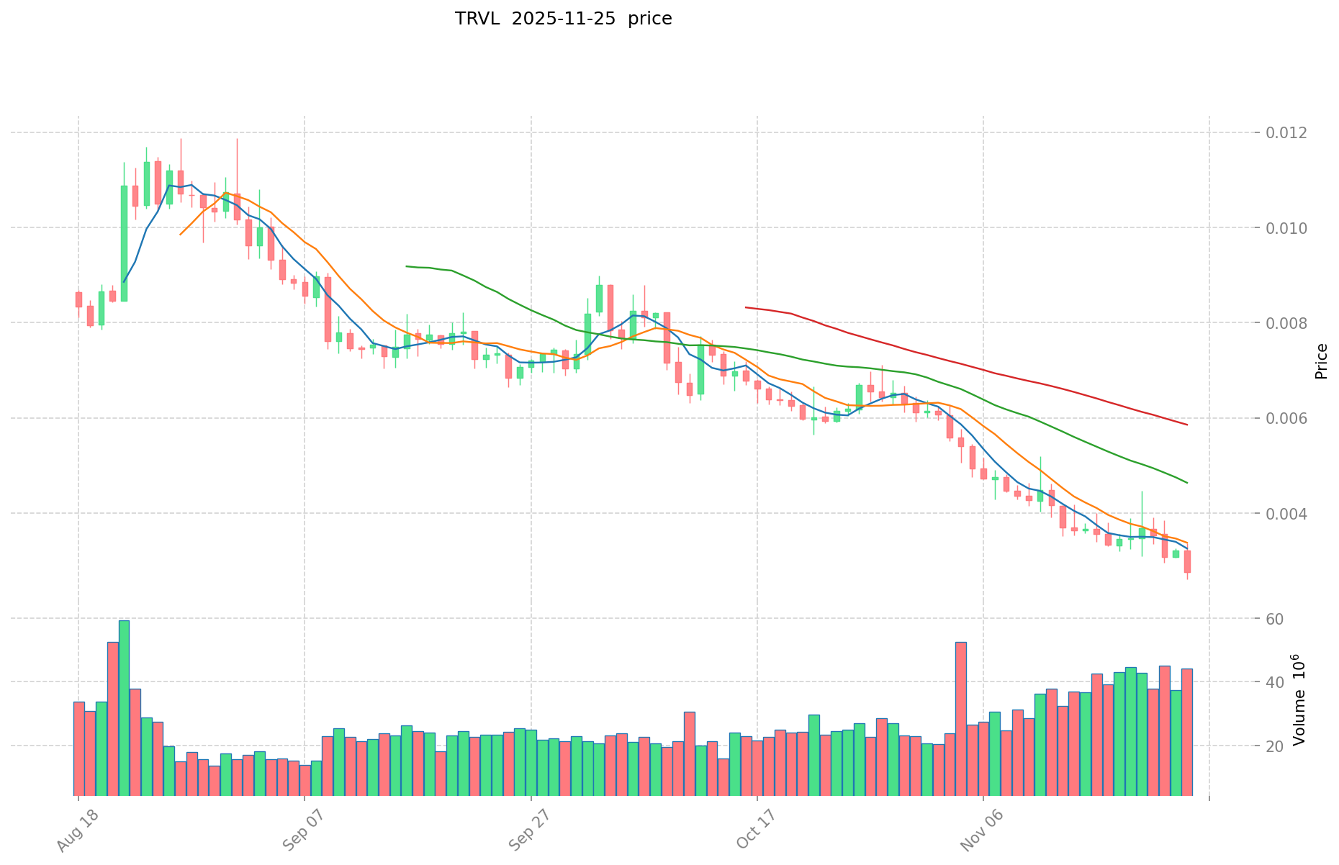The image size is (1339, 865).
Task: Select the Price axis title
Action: click(1321, 361)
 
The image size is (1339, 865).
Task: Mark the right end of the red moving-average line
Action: click(1186, 425)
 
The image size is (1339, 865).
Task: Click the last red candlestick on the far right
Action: click(1187, 561)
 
